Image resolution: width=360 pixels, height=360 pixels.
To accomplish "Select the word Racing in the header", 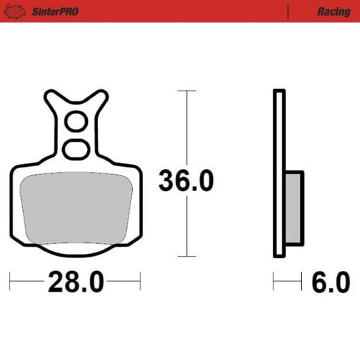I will click(x=333, y=11).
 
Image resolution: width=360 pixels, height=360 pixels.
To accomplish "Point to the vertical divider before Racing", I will click(x=288, y=11).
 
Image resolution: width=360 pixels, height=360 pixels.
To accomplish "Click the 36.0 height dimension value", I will click(x=186, y=181).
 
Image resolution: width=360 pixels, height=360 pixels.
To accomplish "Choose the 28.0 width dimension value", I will click(x=76, y=280).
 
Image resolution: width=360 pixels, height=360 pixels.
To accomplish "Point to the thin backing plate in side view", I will click(x=279, y=174).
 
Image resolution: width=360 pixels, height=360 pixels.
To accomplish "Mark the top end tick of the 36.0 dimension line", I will click(x=186, y=91).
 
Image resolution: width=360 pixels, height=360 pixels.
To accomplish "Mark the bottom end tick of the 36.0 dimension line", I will click(x=186, y=257).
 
